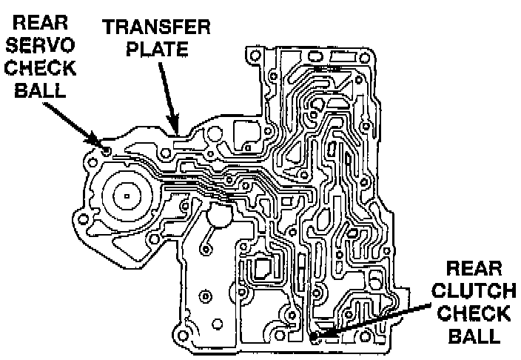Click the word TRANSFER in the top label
(157, 29)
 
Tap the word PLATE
(157, 50)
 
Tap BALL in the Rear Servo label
(40, 93)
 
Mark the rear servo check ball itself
(107, 150)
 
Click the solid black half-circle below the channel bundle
(220, 216)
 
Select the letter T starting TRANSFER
(109, 29)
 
